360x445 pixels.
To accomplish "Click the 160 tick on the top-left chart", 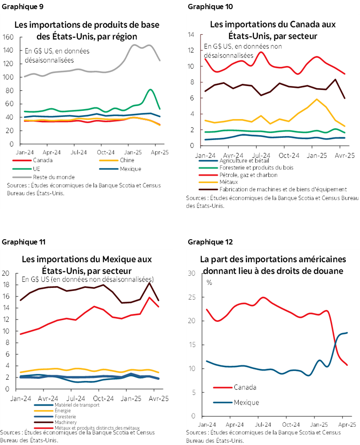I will tap(8, 37).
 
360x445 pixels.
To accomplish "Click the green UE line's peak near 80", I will tap(150, 90).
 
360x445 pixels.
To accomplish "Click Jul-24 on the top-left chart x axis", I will tap(78, 152).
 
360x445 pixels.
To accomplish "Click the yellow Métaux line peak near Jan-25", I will tap(318, 99).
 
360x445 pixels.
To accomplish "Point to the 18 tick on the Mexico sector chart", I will tap(6, 285).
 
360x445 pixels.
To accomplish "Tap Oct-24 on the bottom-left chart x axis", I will tap(99, 398).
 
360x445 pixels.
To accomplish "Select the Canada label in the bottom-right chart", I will tap(245, 387).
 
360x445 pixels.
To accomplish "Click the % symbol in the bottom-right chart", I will tap(210, 282).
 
